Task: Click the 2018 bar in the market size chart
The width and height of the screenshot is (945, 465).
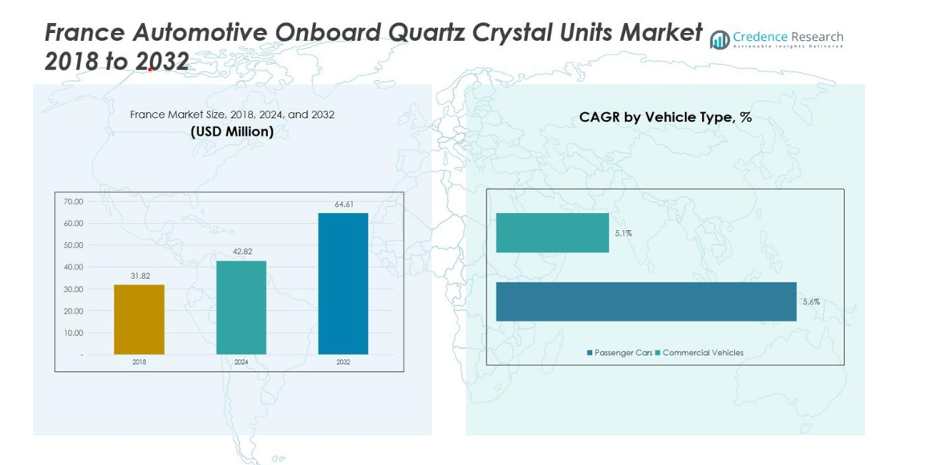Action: [x=139, y=319]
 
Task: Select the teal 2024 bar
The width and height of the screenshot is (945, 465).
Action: [x=241, y=307]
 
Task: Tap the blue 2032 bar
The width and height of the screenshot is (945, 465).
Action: [x=343, y=283]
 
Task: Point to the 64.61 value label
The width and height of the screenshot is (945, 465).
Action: [x=344, y=204]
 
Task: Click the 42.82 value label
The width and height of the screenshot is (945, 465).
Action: [x=241, y=252]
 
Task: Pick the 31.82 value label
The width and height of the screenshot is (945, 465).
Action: [x=140, y=276]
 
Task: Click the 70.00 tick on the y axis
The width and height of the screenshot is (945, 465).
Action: [x=73, y=201]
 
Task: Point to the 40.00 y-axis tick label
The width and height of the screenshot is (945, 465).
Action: [x=73, y=267]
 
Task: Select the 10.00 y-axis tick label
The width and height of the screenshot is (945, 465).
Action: [x=73, y=333]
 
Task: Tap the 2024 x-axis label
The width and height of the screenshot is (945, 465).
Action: [x=241, y=362]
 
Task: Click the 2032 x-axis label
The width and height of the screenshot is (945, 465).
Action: [x=343, y=362]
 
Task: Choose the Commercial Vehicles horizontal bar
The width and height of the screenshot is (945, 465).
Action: [x=552, y=232]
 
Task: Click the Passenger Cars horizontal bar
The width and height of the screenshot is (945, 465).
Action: [x=646, y=301]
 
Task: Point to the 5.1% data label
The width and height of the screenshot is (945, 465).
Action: [x=623, y=233]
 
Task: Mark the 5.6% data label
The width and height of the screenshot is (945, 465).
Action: [x=811, y=302]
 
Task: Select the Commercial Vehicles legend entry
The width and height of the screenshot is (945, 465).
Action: [x=699, y=353]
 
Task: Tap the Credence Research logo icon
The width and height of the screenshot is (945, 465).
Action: [x=720, y=39]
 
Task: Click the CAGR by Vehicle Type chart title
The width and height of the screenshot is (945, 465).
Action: [x=665, y=118]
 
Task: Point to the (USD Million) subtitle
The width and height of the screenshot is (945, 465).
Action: [x=232, y=131]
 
